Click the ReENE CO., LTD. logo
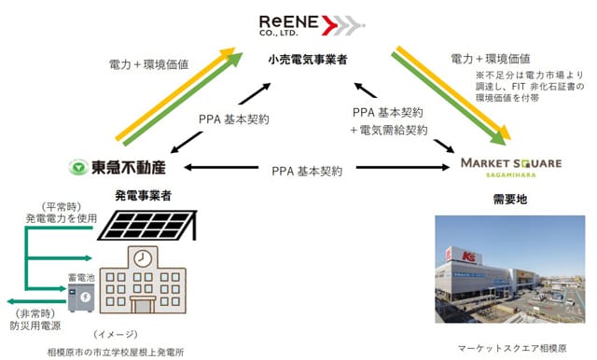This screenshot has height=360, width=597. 312,25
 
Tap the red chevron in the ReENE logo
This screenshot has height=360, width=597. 329,25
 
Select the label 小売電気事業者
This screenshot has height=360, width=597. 307,60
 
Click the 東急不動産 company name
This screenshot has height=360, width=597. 129,168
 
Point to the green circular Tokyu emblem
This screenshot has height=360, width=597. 78,168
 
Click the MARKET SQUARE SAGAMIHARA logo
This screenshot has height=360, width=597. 511,168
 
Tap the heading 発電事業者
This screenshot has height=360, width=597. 143,196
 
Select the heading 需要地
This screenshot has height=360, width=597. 510,199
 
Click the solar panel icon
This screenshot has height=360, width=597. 147,226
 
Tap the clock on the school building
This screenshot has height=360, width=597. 143,258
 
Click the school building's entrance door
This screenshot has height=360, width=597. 143,304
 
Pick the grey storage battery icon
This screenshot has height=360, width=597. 81,298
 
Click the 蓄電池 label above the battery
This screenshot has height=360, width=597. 81,277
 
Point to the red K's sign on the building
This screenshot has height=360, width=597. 469,256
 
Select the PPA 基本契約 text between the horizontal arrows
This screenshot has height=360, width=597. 307,172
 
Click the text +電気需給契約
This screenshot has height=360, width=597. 389,131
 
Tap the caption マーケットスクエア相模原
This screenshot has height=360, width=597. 512,348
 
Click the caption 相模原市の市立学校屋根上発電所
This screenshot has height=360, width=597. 116,353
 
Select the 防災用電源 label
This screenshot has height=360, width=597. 35,325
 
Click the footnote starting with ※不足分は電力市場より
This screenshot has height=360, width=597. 530,87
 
